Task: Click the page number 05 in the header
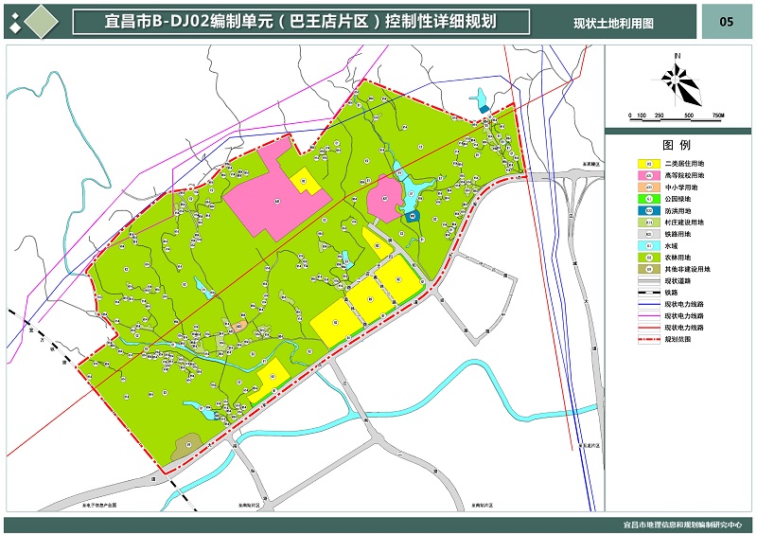(x=726, y=22)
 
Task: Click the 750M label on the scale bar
(x=717, y=116)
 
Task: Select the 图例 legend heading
(x=677, y=145)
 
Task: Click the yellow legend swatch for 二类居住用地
(x=648, y=164)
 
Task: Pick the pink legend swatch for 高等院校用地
(x=648, y=176)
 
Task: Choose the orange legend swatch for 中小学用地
(x=648, y=187)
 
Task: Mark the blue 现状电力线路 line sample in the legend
(x=648, y=304)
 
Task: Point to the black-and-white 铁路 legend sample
(x=648, y=293)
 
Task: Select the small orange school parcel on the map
(x=240, y=326)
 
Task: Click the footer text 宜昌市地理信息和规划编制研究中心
(x=681, y=524)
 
